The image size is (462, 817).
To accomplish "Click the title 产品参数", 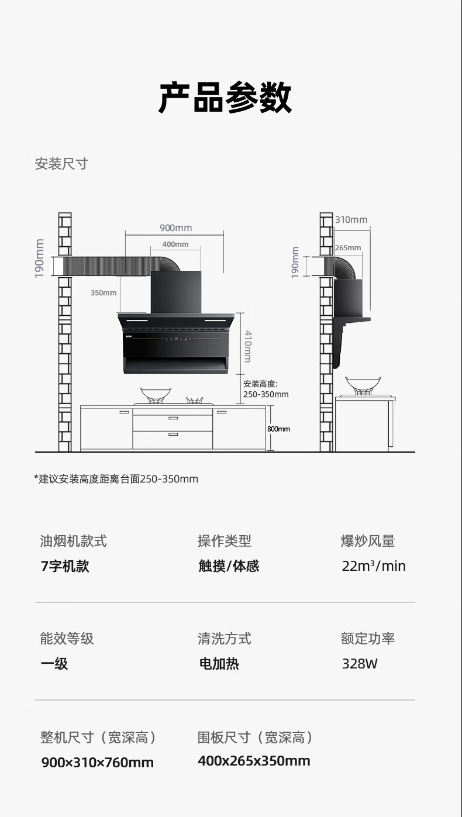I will click(225, 98).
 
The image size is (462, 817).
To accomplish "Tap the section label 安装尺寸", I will click(61, 164).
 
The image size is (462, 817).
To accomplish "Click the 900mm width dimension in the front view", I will click(175, 228).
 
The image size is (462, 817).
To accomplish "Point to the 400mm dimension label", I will click(175, 244).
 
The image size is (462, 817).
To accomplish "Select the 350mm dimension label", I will click(104, 292).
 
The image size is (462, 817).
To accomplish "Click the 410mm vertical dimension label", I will click(248, 346).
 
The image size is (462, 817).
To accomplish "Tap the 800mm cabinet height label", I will click(278, 429).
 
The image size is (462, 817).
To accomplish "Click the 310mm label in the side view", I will click(351, 220).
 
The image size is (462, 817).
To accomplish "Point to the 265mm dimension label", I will click(348, 248).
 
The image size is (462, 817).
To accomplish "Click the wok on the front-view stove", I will click(157, 393).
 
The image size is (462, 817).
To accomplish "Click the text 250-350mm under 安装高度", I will click(266, 394).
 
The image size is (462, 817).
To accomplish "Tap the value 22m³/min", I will click(374, 566).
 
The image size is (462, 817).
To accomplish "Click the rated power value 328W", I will click(360, 664).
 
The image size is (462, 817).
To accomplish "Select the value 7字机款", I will click(65, 566).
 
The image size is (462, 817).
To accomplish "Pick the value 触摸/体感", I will click(229, 566).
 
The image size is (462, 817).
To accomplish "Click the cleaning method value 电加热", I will click(219, 664).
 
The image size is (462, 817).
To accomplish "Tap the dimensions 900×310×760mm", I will click(98, 763).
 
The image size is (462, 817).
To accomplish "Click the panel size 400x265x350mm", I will click(254, 761).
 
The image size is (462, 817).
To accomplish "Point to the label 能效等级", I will click(67, 639).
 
